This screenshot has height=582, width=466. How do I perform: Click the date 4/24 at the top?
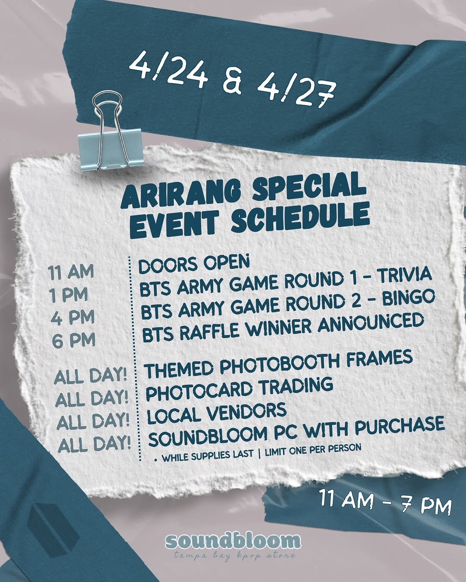tap(168, 69)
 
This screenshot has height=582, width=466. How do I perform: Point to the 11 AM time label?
tap(71, 272)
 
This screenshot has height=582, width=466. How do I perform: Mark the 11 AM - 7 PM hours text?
tap(385, 502)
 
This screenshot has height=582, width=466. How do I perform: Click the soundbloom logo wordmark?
tap(232, 541)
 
